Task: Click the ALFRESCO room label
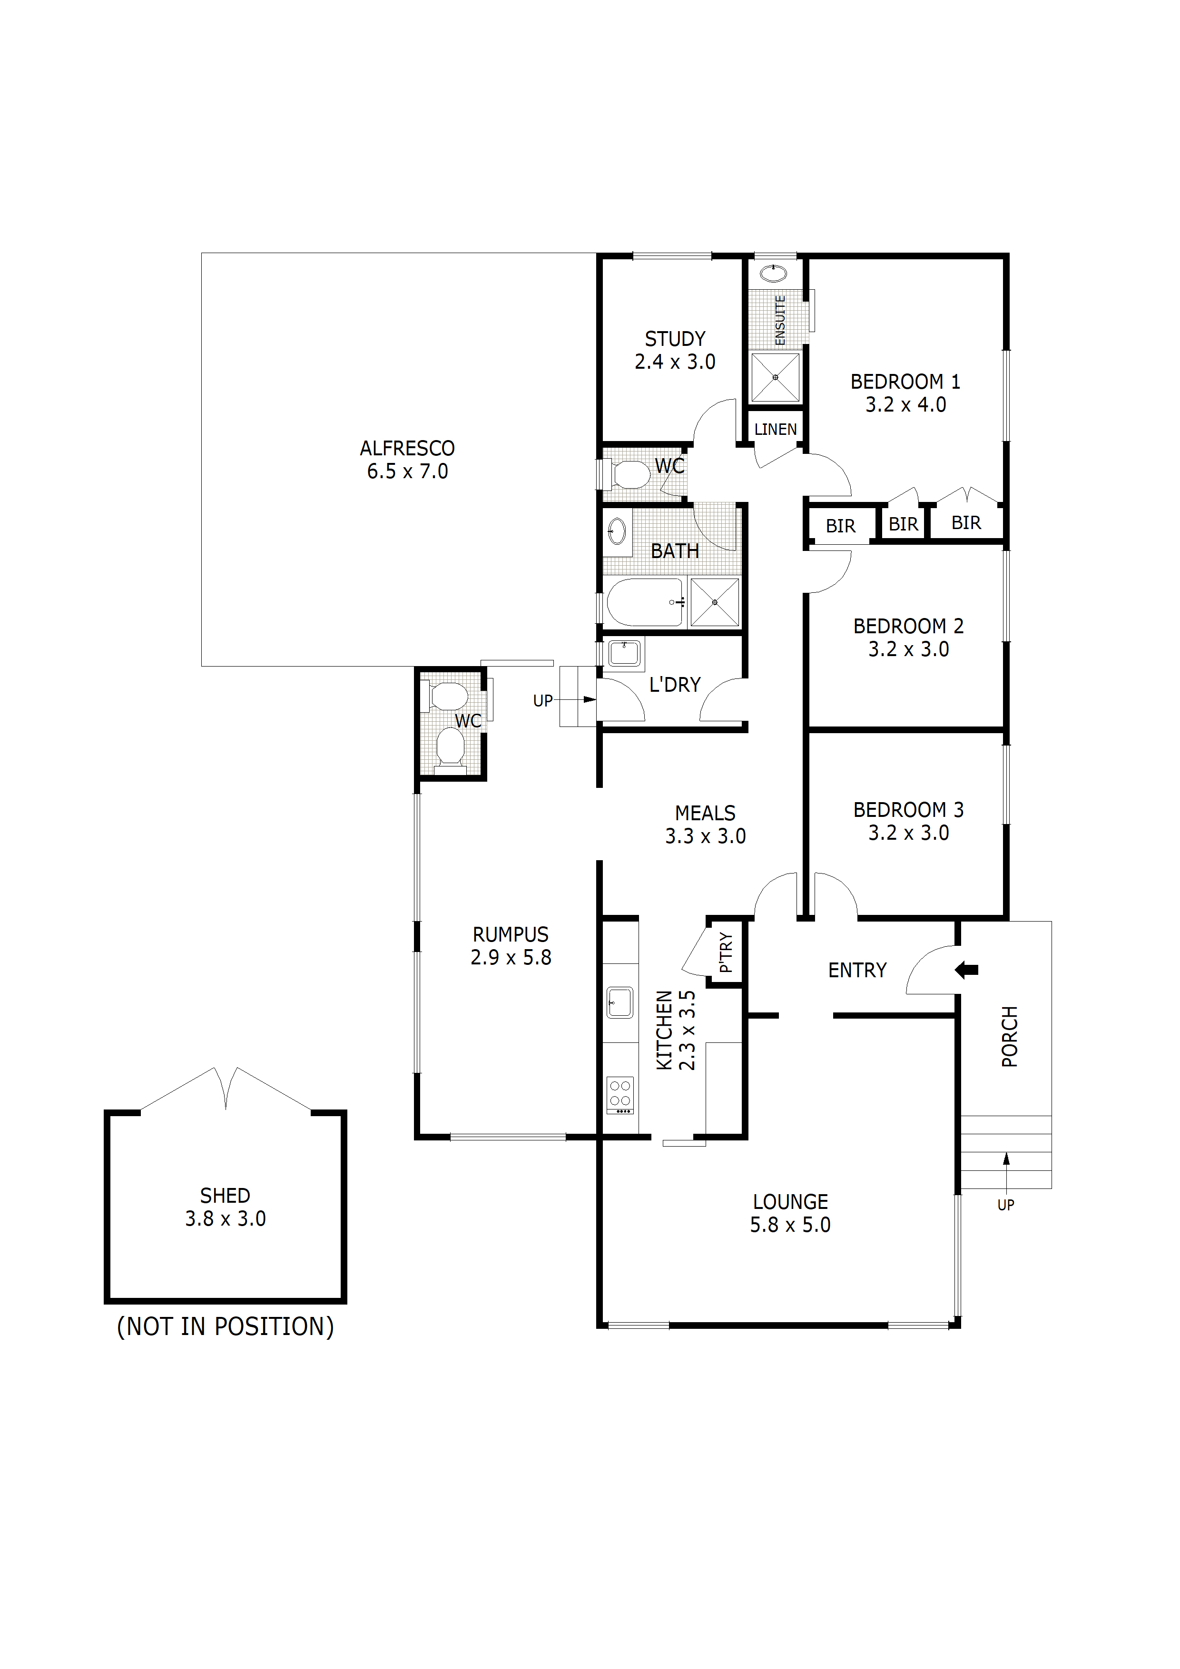point(407,449)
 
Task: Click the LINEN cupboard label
point(775,430)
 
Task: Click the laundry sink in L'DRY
point(624,654)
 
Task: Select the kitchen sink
point(619,1003)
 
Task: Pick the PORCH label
point(1009,1037)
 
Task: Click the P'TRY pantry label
point(726,952)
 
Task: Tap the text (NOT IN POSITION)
point(226,1326)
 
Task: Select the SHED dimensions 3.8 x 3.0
point(226,1219)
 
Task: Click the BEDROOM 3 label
point(908,810)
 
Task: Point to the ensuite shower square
point(775,377)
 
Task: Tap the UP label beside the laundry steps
point(542,701)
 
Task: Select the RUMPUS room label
point(511,935)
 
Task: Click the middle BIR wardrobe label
point(903,524)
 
